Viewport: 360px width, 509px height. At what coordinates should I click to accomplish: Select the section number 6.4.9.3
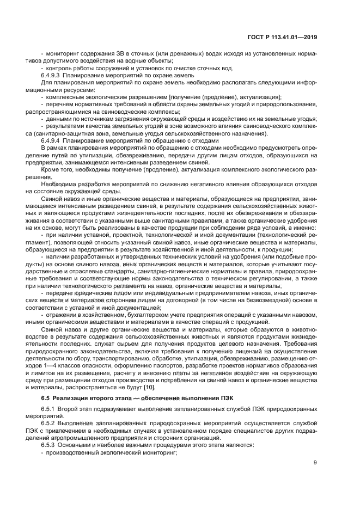pos(53,75)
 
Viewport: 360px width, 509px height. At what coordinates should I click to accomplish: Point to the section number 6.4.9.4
pos(53,140)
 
